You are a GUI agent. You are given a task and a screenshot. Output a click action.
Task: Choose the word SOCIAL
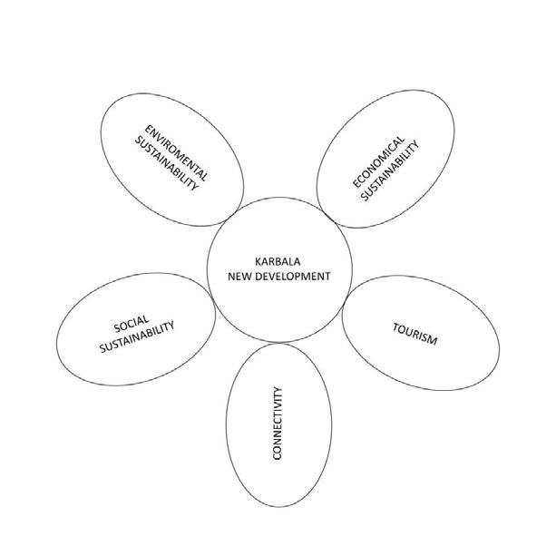pos(132,323)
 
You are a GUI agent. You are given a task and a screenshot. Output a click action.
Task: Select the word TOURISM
pos(415,334)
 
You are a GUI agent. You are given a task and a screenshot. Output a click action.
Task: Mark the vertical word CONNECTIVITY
pos(278,424)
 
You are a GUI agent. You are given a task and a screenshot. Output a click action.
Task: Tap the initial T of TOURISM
pos(396,326)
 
